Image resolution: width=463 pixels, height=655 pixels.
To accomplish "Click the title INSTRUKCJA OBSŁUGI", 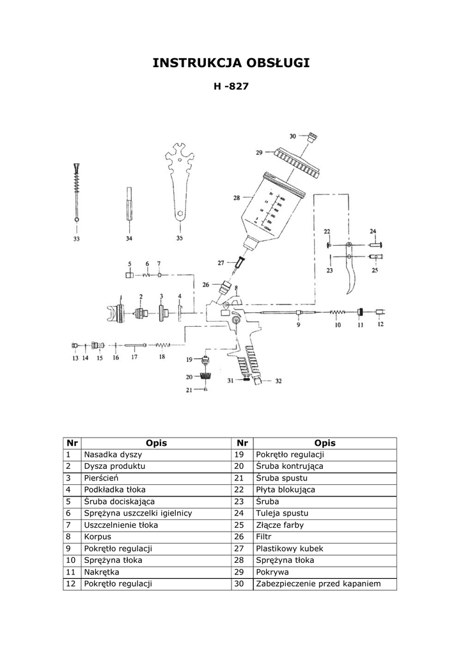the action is [231, 63].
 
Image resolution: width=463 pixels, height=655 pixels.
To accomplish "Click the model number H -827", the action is [231, 86].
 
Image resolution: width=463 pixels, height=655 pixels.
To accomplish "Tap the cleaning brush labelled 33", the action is [76, 193].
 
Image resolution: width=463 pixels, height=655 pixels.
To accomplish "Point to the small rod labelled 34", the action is [129, 205].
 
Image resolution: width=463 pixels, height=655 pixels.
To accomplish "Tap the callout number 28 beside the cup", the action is [237, 198].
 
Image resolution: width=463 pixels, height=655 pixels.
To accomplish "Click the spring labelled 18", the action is [163, 345].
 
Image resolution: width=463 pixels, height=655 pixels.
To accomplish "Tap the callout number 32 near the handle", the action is [278, 381].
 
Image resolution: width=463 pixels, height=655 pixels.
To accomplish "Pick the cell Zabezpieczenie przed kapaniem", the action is [325, 583].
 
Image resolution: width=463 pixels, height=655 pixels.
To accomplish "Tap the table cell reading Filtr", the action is [325, 537].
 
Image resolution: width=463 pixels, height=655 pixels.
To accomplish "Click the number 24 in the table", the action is [239, 513].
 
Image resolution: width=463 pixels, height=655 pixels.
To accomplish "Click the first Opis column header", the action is [156, 443].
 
